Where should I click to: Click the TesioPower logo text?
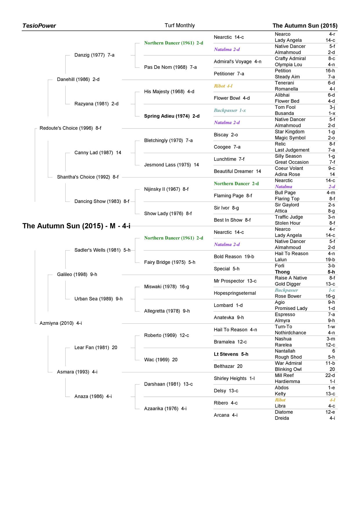[39, 26]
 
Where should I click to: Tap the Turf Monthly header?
[180, 26]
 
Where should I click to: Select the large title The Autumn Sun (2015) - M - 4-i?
[76, 226]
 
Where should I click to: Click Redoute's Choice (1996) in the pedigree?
[70, 128]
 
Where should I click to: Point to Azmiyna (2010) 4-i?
[61, 323]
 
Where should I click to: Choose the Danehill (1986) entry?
[78, 79]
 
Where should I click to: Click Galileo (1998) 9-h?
[77, 274]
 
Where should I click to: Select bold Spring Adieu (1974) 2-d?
[172, 116]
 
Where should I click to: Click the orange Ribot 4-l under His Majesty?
[223, 86]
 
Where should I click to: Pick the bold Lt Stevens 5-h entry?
[231, 354]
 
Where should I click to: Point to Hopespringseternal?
[235, 293]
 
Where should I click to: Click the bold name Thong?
[282, 272]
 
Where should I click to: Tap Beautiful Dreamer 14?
[237, 171]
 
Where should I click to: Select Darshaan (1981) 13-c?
[168, 384]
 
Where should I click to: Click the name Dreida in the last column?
[282, 418]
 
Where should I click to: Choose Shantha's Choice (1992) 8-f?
[88, 177]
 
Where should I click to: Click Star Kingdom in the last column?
[290, 132]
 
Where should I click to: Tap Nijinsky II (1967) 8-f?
[166, 189]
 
